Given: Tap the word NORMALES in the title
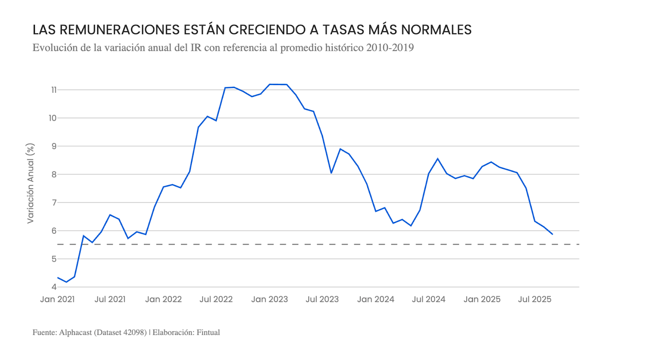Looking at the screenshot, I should [436, 30].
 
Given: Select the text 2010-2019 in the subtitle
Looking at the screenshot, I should [390, 48].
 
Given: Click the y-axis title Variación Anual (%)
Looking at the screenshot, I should [30, 183].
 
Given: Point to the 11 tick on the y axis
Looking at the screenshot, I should [53, 90].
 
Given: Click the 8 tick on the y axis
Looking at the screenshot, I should [54, 174].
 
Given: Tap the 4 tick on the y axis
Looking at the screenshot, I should [54, 287].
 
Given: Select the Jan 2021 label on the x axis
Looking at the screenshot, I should [58, 299].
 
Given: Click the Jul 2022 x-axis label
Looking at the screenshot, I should [216, 299].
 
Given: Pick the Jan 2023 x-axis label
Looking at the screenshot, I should [269, 299].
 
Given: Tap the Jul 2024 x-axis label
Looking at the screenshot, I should [429, 299].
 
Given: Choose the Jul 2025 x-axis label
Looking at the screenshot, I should [534, 299].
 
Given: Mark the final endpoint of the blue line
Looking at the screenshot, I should [552, 234].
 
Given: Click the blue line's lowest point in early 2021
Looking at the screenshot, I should [66, 282].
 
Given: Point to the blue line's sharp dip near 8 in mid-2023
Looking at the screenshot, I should [331, 173].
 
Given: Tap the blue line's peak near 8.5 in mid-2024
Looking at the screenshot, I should [438, 159].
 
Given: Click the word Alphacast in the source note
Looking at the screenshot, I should [76, 332].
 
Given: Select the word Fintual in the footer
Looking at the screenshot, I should [208, 332].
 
